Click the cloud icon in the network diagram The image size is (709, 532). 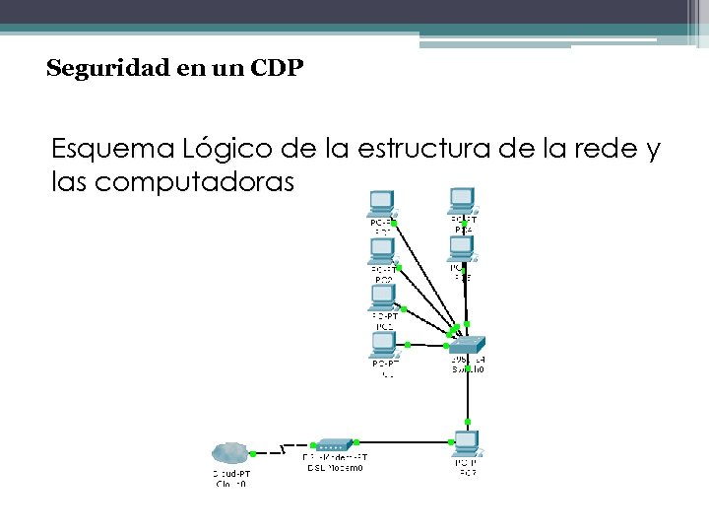coord(230,453)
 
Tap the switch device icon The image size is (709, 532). coord(468,345)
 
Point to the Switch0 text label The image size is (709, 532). coord(468,369)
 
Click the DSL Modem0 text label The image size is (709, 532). coord(333,470)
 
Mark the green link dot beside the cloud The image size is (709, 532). coord(253,454)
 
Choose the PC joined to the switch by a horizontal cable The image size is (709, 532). coord(382,344)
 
